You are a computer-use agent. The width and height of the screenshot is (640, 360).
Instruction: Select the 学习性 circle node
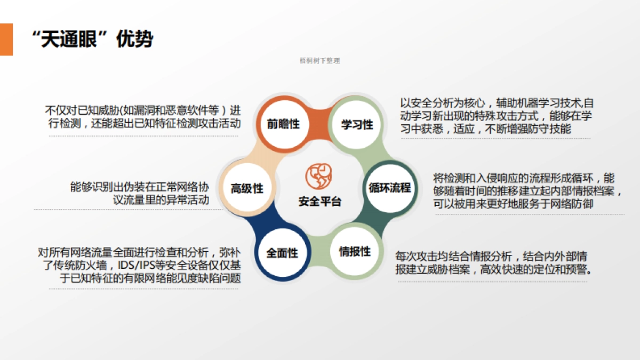click(357, 125)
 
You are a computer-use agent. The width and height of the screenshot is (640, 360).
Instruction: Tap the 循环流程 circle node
click(390, 188)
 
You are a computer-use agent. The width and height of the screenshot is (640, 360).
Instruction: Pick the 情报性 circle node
click(355, 252)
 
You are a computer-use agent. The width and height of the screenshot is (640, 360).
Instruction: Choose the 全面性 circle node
click(282, 253)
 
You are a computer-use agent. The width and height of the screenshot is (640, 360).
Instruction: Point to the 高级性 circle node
click(247, 188)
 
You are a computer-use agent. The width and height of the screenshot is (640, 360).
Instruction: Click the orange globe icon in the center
click(318, 177)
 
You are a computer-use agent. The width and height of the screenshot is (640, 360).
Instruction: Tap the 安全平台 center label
click(319, 202)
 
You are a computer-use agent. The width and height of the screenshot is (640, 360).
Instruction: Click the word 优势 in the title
click(134, 39)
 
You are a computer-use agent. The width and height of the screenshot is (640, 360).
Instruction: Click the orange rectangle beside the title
click(6, 39)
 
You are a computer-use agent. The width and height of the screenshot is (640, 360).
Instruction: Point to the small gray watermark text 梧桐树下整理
click(319, 61)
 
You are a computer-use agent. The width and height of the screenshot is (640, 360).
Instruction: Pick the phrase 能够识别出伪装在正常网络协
click(139, 187)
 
